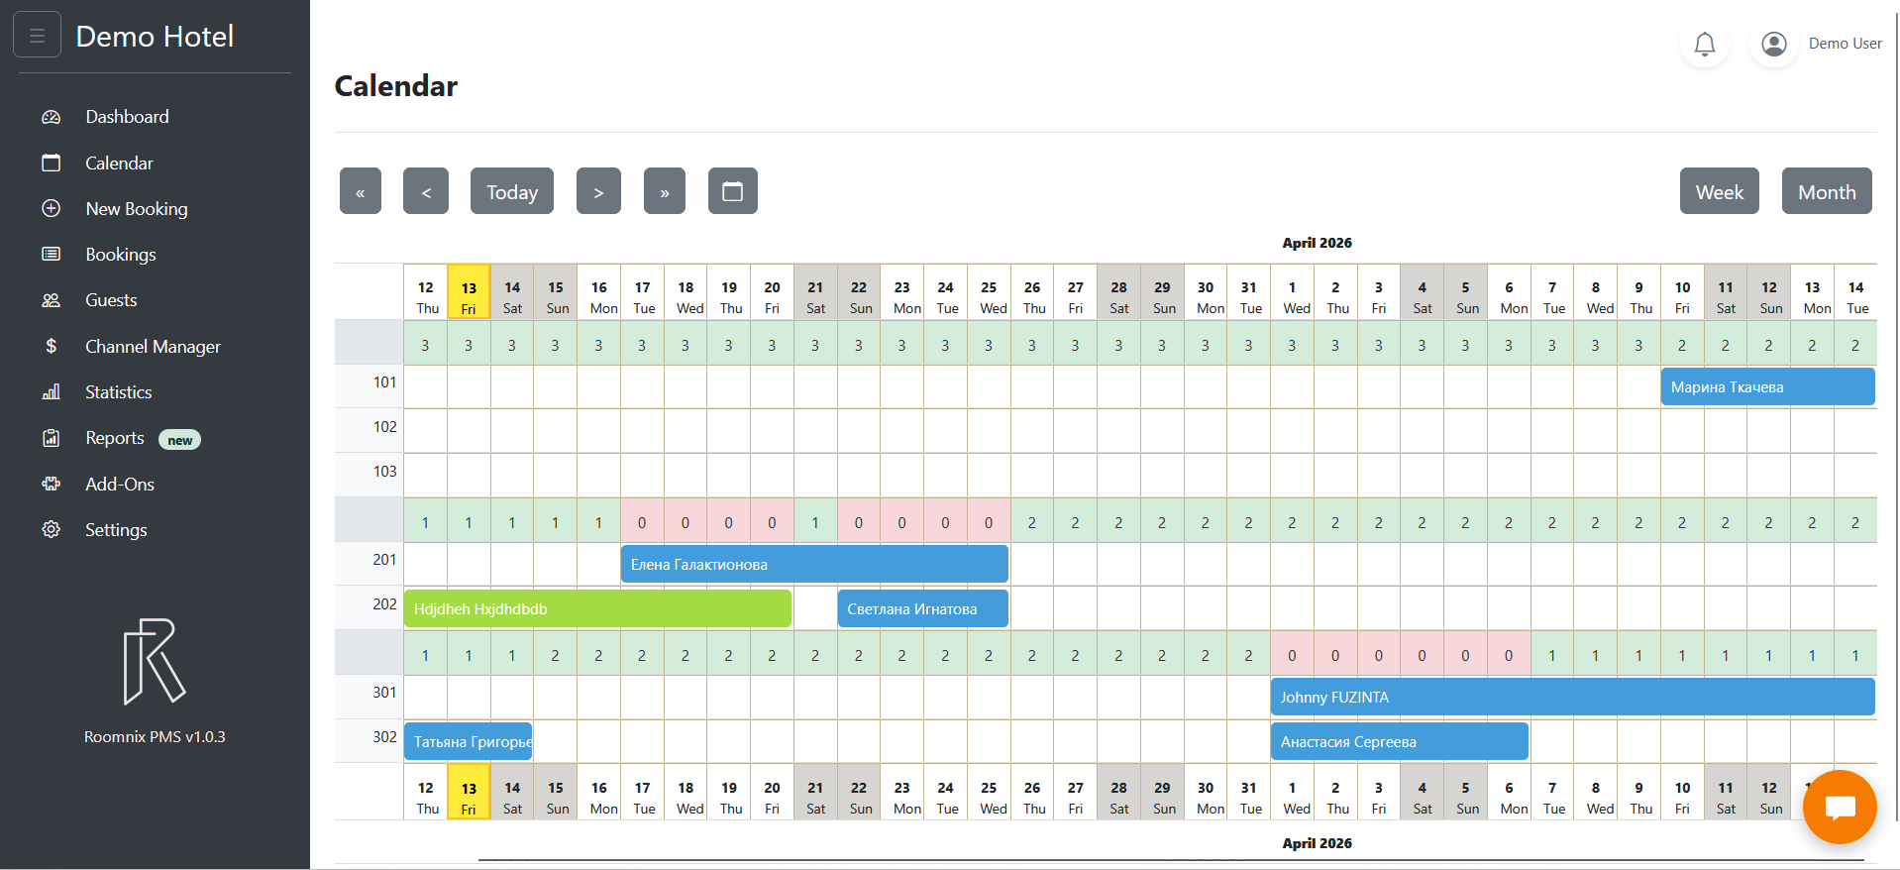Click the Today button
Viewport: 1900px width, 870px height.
point(511,191)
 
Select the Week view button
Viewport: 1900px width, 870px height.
point(1719,191)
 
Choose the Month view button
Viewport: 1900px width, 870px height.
point(1826,191)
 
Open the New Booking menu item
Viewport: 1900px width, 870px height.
point(136,209)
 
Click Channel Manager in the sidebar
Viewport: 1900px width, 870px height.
point(153,347)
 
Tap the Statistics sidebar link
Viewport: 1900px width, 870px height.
point(118,392)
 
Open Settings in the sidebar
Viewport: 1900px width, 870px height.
point(115,530)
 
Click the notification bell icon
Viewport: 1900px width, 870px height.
point(1704,44)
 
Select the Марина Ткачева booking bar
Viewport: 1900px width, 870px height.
point(1766,387)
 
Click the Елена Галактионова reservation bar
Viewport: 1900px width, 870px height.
point(813,565)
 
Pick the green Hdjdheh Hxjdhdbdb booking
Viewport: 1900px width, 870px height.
point(596,609)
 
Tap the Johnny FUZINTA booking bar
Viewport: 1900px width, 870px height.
point(1571,698)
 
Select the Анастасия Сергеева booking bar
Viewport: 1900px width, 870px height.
point(1398,742)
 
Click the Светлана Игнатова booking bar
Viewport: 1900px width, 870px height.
point(921,609)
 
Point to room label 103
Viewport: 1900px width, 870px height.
point(384,472)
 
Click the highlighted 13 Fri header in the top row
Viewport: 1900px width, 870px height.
point(469,296)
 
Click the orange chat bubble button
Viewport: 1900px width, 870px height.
point(1839,807)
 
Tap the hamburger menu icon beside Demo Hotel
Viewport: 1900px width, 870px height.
point(38,36)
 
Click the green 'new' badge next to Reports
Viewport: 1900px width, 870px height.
point(179,440)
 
